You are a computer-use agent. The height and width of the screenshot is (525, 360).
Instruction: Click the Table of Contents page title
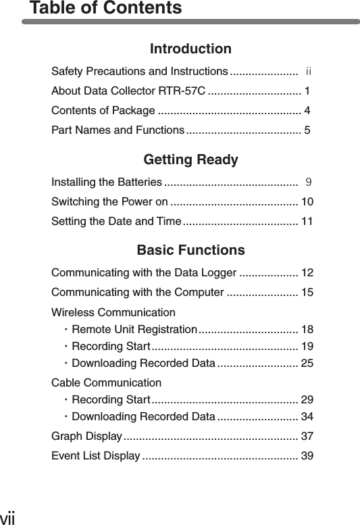pyautogui.click(x=105, y=9)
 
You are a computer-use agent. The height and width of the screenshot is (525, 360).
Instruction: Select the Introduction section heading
pyautogui.click(x=190, y=49)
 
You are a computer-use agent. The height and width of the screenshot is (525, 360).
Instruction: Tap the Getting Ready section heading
pyautogui.click(x=190, y=161)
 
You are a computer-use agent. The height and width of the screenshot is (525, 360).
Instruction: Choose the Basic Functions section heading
pyautogui.click(x=190, y=251)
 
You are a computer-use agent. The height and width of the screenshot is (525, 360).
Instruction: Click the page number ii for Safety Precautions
pyautogui.click(x=308, y=72)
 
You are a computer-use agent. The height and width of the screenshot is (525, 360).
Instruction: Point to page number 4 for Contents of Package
pyautogui.click(x=308, y=110)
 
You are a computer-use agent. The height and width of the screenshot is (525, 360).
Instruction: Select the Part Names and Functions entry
pyautogui.click(x=118, y=129)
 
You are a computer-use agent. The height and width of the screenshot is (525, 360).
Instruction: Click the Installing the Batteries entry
pyautogui.click(x=106, y=182)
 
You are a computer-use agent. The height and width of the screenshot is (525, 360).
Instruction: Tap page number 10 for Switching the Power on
pyautogui.click(x=307, y=201)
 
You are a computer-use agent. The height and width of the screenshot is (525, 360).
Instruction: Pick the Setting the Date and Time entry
pyautogui.click(x=115, y=220)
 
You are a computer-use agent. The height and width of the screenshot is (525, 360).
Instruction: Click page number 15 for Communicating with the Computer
pyautogui.click(x=307, y=293)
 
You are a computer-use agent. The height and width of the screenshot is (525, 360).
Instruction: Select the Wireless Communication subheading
pyautogui.click(x=113, y=313)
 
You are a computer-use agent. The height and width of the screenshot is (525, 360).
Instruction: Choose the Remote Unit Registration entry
pyautogui.click(x=133, y=330)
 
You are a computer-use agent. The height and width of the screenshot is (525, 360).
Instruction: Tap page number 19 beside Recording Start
pyautogui.click(x=307, y=347)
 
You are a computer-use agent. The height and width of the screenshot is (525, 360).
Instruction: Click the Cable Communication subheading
pyautogui.click(x=106, y=384)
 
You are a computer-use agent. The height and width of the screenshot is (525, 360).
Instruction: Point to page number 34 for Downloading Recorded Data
pyautogui.click(x=307, y=415)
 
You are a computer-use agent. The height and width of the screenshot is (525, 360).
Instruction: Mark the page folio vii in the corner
pyautogui.click(x=7, y=518)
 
